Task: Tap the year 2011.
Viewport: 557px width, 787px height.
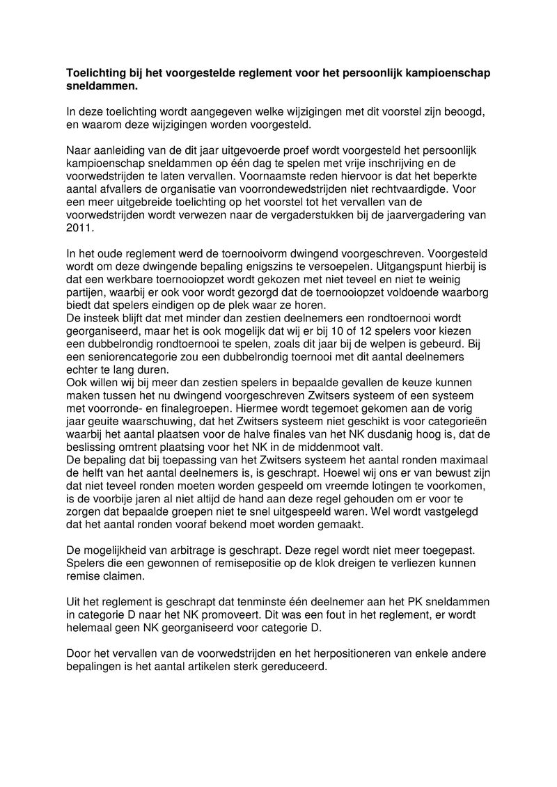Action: coord(79,227)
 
